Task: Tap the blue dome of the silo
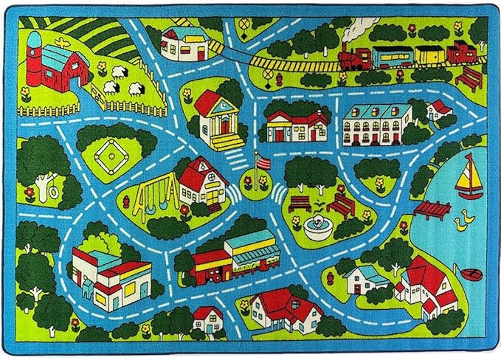click(35, 38)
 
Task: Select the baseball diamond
click(110, 154)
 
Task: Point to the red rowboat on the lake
click(471, 274)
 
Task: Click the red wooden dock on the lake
click(432, 210)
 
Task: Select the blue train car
click(392, 55)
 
